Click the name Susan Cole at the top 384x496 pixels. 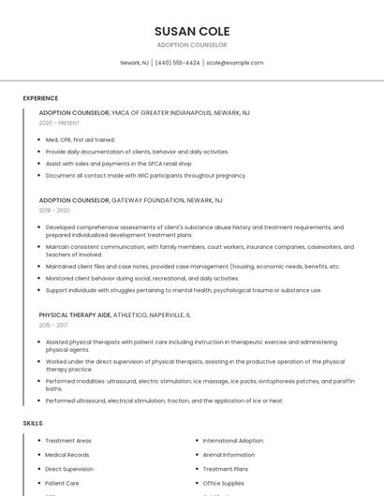(x=192, y=31)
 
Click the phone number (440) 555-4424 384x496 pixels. (x=177, y=63)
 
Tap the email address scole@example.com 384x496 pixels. (x=235, y=63)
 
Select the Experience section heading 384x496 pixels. (x=40, y=98)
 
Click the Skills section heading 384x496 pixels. (x=33, y=423)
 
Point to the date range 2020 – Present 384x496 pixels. (x=59, y=123)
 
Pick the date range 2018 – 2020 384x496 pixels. (x=54, y=211)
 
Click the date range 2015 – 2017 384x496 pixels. (x=53, y=325)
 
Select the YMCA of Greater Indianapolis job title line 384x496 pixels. (x=144, y=112)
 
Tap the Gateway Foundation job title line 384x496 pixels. (x=130, y=200)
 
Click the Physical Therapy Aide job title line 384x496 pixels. (x=114, y=314)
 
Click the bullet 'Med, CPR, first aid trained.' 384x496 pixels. (x=81, y=139)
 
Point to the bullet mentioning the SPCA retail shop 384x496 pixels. (x=118, y=163)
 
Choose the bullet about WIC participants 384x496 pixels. (x=145, y=175)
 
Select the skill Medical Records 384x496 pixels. (x=67, y=455)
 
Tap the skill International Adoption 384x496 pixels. (x=233, y=441)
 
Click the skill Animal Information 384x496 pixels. (x=229, y=455)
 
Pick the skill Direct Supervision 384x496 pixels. (x=69, y=469)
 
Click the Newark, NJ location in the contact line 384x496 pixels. (x=134, y=63)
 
